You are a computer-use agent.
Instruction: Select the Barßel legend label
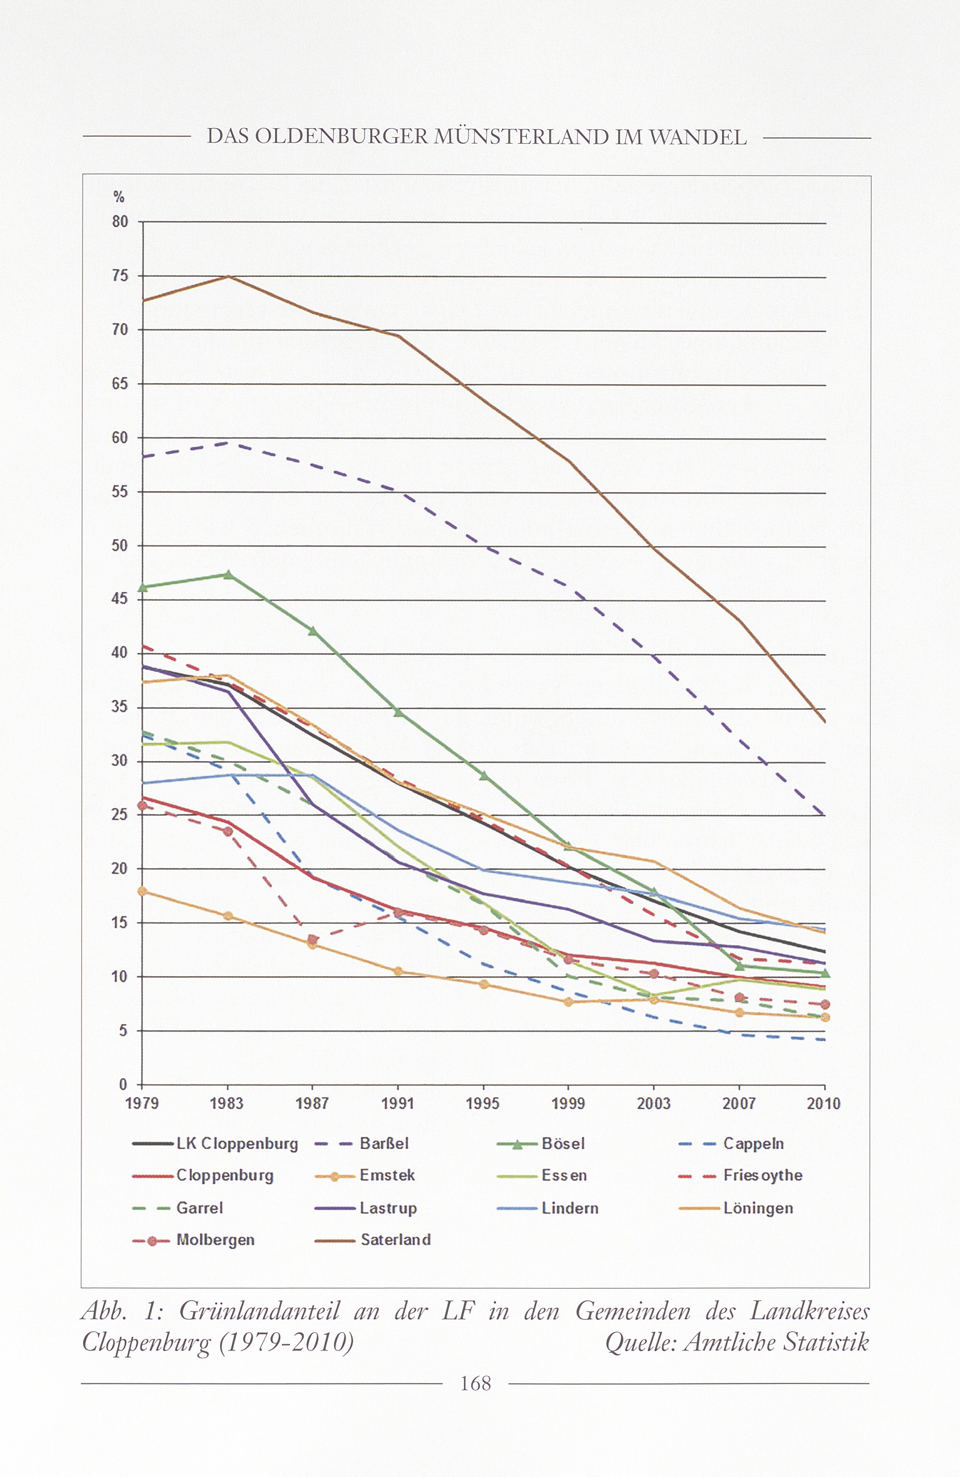(384, 1144)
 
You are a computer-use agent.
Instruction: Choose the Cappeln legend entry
(753, 1144)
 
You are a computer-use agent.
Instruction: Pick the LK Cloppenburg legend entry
(237, 1144)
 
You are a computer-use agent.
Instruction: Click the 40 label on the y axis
(120, 653)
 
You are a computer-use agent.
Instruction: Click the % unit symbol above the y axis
(119, 197)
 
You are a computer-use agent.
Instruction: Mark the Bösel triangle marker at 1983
(228, 574)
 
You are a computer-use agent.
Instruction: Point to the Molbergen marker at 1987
(312, 939)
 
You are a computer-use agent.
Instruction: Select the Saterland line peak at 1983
(229, 276)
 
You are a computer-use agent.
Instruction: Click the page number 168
(476, 1383)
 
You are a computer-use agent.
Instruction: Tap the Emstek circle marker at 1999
(568, 1002)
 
